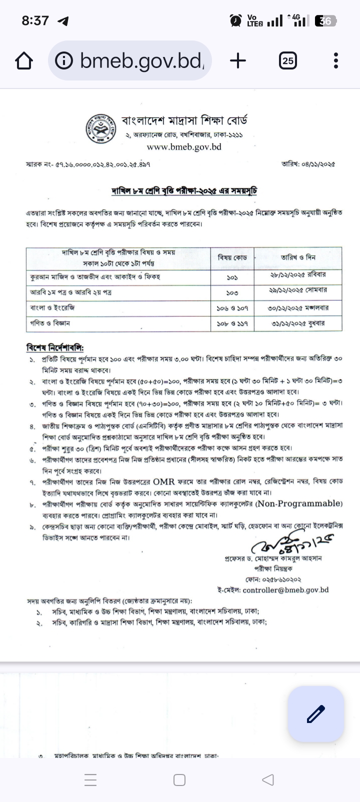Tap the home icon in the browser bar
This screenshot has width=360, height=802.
pos(24,61)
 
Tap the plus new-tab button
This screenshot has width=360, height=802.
pos(238,61)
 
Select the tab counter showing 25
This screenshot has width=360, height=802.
pos(287,61)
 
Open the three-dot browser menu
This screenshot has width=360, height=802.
pos(336,61)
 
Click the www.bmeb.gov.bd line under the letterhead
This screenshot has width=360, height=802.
pos(184,147)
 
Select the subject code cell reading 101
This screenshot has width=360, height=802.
pos(232,276)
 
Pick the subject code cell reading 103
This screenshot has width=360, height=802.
pos(232,292)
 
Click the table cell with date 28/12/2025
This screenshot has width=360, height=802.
pos(298,275)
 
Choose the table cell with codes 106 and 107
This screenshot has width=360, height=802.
pos(232,308)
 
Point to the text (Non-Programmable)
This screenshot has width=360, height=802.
pos(299,503)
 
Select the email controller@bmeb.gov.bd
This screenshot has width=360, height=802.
pos(286,590)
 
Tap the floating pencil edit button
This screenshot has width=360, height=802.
pos(316,713)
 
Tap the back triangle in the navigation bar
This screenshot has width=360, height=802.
pos(268,779)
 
